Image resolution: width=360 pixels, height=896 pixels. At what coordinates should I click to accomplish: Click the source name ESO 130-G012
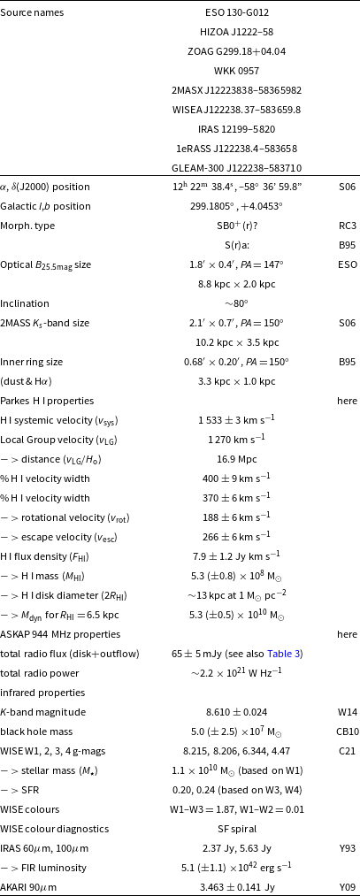(236, 13)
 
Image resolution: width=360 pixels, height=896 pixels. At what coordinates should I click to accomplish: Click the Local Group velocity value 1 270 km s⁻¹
(236, 440)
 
